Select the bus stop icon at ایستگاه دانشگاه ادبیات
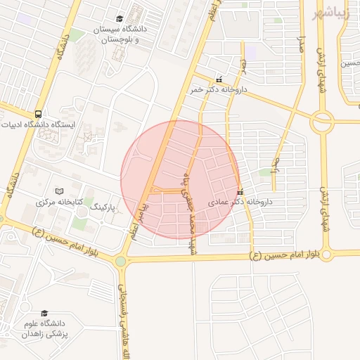tap(37, 114)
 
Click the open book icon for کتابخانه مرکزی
tap(60, 191)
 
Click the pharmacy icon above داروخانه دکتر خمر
tap(219, 79)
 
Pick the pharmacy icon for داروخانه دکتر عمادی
tap(240, 191)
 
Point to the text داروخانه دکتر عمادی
tap(239, 202)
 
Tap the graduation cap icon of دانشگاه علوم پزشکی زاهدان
tap(44, 314)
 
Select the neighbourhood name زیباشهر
tap(333, 13)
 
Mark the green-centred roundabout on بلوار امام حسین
tap(121, 262)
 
